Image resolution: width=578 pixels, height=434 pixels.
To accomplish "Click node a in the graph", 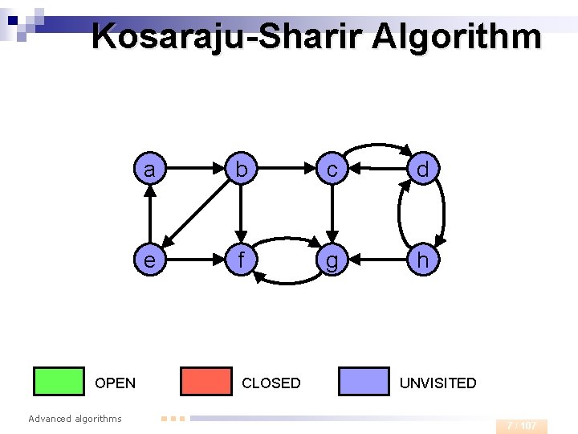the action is tap(149, 170).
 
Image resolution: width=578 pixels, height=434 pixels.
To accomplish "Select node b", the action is tap(240, 170).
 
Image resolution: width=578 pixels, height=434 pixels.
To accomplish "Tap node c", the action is tap(331, 170).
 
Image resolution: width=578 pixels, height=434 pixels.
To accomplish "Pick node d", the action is tap(422, 170).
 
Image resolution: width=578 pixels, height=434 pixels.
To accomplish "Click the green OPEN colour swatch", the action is tap(59, 382).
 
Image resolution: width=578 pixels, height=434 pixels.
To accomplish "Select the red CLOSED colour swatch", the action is tap(206, 382).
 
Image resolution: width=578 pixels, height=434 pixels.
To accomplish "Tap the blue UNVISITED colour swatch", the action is tap(364, 382).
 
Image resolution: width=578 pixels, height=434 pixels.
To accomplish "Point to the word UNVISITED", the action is tap(438, 383).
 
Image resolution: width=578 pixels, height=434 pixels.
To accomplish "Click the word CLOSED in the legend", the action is tap(271, 383).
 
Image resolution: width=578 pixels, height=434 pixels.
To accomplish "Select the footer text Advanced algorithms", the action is tap(75, 419).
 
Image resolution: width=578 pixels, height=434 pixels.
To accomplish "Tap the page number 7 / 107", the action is tap(522, 425).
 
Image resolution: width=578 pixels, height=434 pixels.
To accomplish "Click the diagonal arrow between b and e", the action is tap(194, 215).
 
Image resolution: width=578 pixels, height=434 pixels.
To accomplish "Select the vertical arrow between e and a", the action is tap(149, 215).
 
